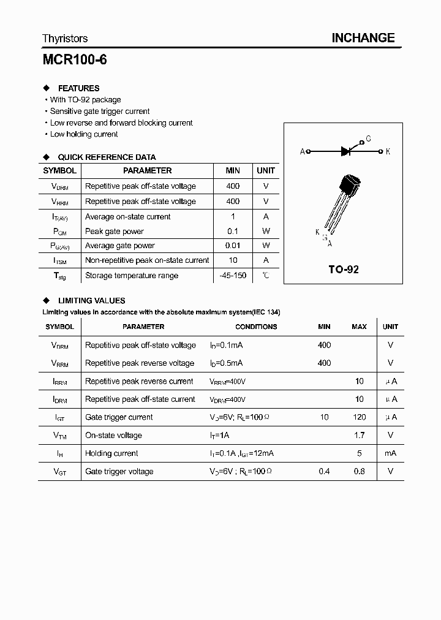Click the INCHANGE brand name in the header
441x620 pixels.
point(363,38)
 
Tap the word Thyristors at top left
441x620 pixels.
point(65,39)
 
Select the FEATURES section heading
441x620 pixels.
point(78,88)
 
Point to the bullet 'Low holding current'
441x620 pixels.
point(84,134)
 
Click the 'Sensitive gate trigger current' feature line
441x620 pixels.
point(100,112)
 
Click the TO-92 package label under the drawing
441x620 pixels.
point(344,269)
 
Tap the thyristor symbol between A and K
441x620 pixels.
point(345,151)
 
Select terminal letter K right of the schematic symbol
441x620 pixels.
point(388,151)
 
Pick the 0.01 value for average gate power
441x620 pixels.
point(233,246)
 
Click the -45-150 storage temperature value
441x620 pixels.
point(233,276)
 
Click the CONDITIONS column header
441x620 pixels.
point(256,327)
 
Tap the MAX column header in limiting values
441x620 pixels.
point(359,327)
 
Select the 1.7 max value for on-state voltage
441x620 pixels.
point(360,436)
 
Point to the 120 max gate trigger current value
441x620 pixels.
point(360,417)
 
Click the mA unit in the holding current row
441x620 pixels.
point(390,453)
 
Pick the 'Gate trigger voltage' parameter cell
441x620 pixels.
point(119,472)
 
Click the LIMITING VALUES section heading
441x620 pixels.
point(91,301)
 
